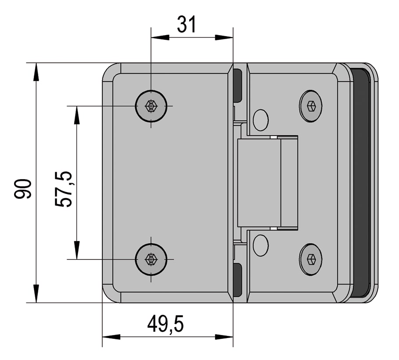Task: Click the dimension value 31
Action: (x=187, y=25)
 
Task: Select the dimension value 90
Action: (x=23, y=189)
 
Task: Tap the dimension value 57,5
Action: (x=63, y=189)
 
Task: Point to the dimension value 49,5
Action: (x=165, y=324)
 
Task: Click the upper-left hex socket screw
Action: (x=151, y=106)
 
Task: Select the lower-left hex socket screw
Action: (x=151, y=259)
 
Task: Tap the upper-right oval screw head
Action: (x=310, y=106)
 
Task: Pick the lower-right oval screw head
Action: (x=310, y=259)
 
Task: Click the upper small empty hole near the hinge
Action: (x=261, y=120)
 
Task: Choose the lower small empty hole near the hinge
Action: (x=261, y=245)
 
